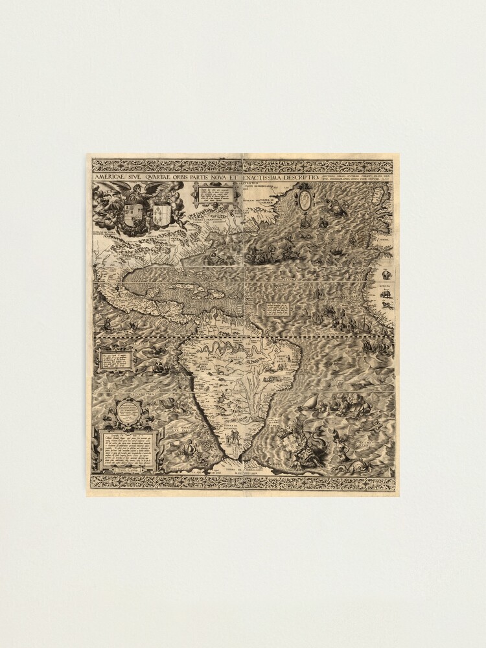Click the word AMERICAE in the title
(110, 177)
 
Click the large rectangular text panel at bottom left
(127, 448)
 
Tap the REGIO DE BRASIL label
(280, 356)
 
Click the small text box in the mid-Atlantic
(277, 308)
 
